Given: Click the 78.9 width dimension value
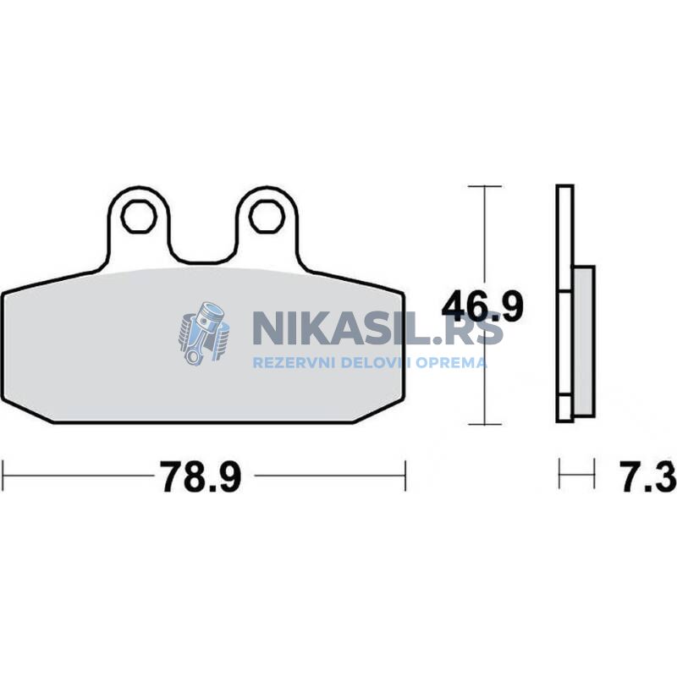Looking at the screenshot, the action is [201, 476].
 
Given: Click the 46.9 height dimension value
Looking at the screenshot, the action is [482, 306].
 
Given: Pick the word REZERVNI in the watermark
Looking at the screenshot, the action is [294, 362].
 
